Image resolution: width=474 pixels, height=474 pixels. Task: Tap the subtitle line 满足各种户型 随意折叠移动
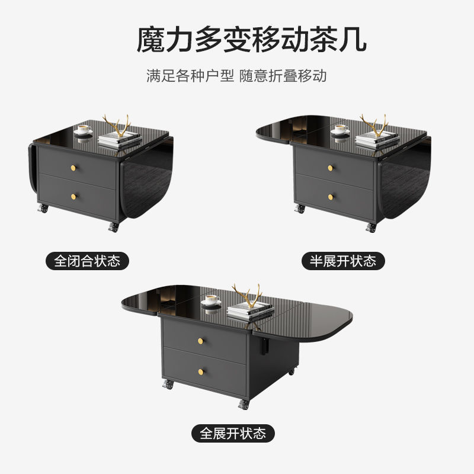point(237,76)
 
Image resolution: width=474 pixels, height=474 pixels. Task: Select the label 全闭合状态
point(87,261)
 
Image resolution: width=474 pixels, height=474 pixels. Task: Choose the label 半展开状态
point(343,261)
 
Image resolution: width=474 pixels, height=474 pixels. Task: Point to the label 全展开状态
point(233,433)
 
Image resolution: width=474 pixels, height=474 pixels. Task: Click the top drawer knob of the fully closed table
point(75,168)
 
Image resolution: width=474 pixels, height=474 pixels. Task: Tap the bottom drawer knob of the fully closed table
point(75,196)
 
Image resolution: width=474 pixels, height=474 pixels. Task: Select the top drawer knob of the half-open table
point(331,168)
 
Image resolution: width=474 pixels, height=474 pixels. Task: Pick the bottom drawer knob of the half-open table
point(331,196)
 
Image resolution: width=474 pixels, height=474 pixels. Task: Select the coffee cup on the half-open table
point(340,129)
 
